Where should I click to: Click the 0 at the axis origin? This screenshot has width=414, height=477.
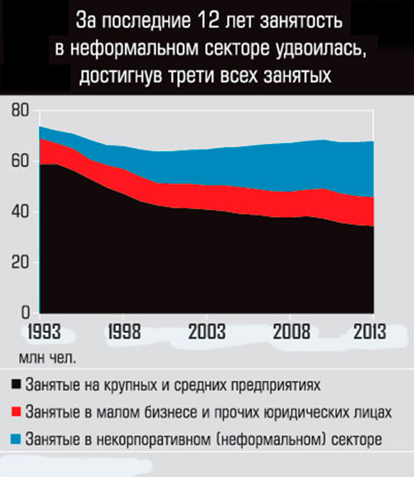click(26, 312)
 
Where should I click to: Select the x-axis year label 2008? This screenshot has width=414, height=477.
click(292, 332)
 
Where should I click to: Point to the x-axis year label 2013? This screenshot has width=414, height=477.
click(370, 332)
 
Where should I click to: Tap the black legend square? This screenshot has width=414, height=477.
click(17, 385)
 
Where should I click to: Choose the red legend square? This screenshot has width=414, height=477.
click(17, 412)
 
